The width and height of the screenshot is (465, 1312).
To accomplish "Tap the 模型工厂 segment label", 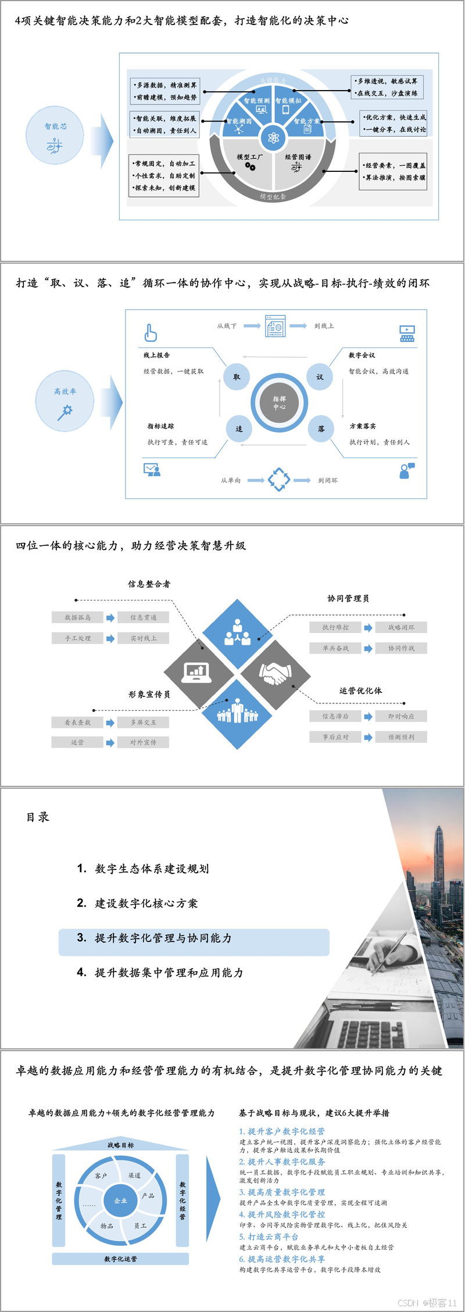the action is pos(249,157).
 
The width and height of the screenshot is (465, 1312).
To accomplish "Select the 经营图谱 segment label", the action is pos(298,157).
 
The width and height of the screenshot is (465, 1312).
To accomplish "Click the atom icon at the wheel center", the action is pos(273,138).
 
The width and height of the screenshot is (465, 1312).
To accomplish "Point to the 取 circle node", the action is pos(237,377).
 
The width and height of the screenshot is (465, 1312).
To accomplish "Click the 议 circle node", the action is pos(320,377).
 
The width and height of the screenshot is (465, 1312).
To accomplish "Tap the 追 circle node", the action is pos(239,429).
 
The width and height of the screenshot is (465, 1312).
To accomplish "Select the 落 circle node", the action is pos(321,429).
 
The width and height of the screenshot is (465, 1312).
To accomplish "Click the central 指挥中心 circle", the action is pos(280,402).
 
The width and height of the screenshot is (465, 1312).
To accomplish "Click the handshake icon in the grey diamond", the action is pos(275,674).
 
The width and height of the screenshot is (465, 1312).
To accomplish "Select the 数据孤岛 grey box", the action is pos(77,617).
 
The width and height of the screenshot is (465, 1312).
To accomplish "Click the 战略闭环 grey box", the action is pos(401,627).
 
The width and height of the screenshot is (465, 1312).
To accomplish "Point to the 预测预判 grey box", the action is pos(401,737).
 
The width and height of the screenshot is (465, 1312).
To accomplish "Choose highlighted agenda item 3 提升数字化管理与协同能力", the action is pos(194,938).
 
